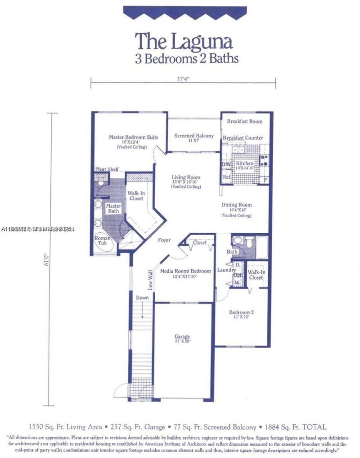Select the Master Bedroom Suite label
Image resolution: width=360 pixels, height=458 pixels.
133,137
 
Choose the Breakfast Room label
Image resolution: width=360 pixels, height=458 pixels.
244,121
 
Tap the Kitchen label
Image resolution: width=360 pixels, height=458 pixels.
245,163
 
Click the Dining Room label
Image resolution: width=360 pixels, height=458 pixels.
237,205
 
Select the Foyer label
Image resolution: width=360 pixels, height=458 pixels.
164,240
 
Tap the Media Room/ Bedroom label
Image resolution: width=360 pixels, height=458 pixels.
185,271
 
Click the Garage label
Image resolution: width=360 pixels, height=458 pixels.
182,336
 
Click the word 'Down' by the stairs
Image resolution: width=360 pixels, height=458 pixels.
143,298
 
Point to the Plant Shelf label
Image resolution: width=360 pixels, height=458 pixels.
107,169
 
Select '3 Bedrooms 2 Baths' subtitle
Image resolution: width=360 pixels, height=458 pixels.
187,58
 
